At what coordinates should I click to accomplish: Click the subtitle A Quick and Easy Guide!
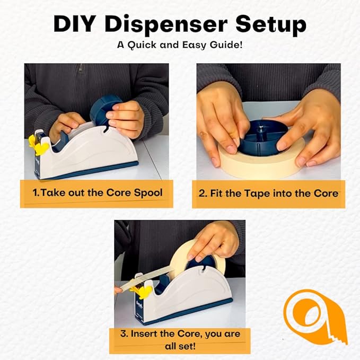tap(180, 45)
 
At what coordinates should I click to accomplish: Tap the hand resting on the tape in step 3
tap(213, 239)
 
